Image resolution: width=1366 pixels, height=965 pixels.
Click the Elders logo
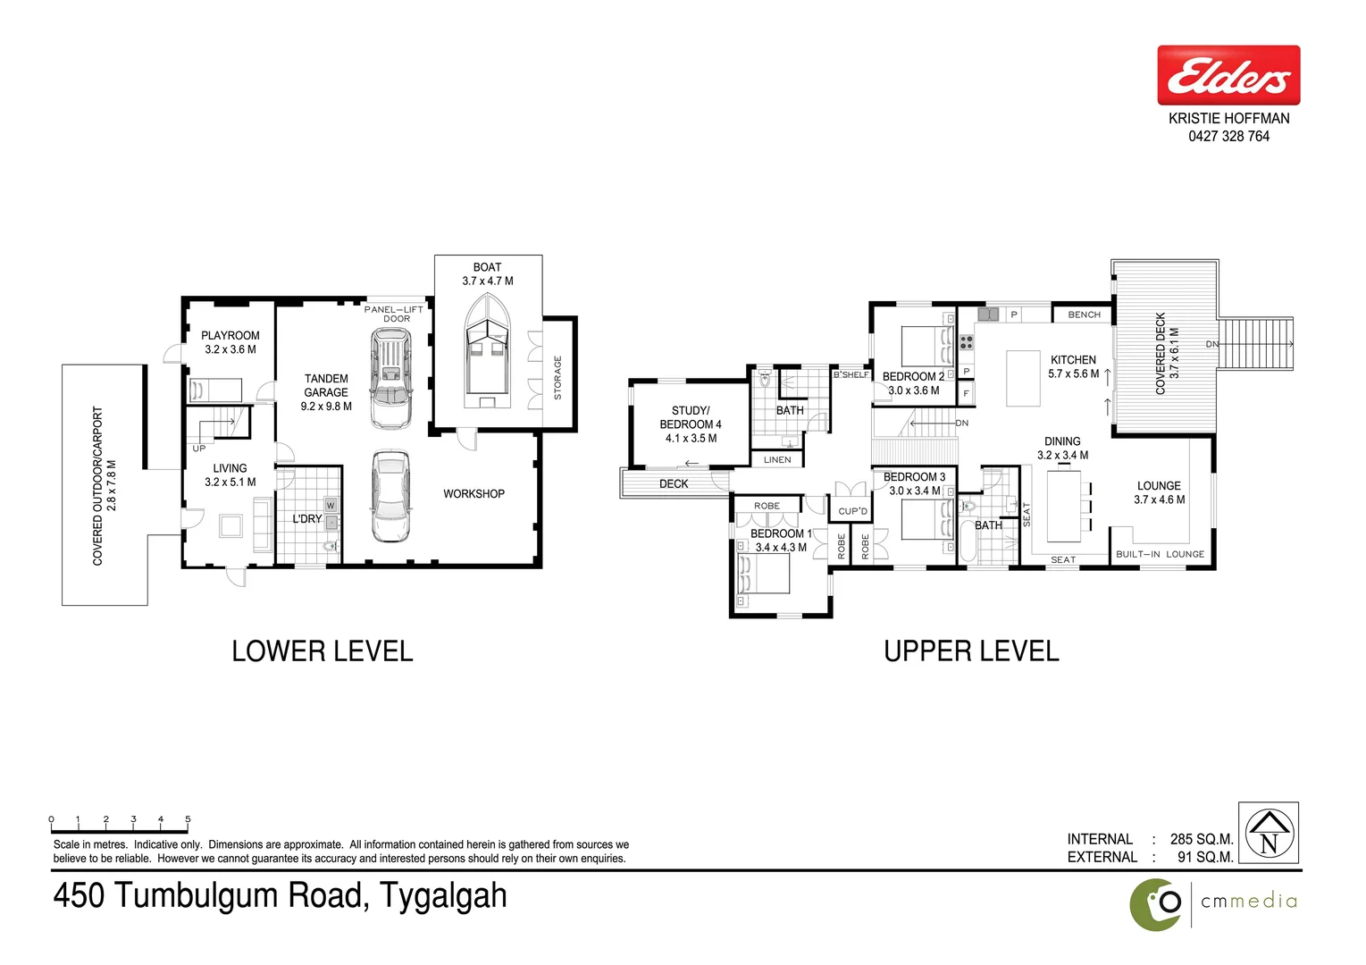(x=1228, y=76)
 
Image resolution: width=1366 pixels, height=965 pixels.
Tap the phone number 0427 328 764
(x=1228, y=137)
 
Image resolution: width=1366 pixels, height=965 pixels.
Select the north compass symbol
(x=1269, y=833)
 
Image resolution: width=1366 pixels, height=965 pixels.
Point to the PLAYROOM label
(x=230, y=336)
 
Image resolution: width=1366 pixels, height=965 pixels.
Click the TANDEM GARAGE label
(x=326, y=386)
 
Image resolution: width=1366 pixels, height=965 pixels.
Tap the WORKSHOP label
(x=473, y=494)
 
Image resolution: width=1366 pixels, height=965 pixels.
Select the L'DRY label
(x=306, y=519)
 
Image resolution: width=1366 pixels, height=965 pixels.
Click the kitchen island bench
(x=1023, y=379)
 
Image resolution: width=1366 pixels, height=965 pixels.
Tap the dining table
(x=1063, y=506)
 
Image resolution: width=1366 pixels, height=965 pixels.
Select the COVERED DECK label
(x=1161, y=354)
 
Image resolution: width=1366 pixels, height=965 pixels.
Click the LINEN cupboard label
(x=777, y=460)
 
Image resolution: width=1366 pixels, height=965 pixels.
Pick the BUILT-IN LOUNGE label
(x=1160, y=555)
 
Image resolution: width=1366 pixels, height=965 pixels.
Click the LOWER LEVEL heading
(x=322, y=651)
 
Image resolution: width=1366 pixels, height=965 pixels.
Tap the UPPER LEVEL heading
(x=971, y=651)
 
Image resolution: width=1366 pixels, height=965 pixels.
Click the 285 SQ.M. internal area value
(x=1201, y=840)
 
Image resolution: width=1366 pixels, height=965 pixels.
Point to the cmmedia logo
(x=1213, y=902)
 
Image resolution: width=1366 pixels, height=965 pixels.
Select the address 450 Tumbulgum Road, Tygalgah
(x=280, y=895)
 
